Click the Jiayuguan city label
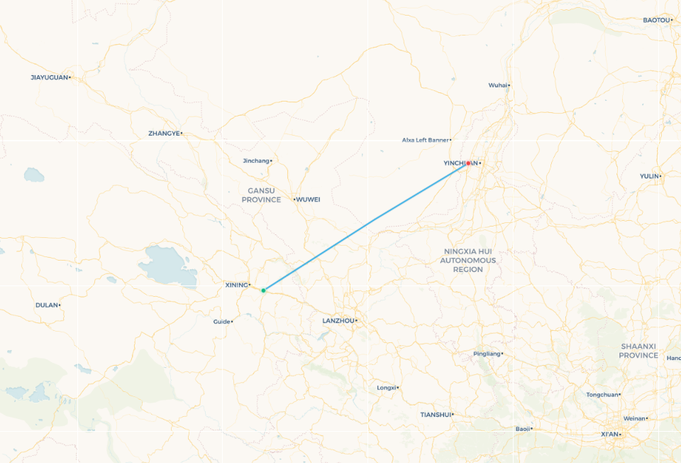[50, 77]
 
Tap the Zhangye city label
[164, 134]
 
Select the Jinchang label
[256, 160]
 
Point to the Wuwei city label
[308, 200]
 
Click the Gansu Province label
[261, 195]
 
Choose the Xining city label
[236, 285]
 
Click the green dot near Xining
[263, 290]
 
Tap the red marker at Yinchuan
[469, 163]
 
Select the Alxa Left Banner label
[426, 140]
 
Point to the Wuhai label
[497, 85]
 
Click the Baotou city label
[656, 20]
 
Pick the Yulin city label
[648, 176]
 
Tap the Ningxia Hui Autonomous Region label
[468, 261]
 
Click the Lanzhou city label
[338, 321]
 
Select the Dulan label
[46, 305]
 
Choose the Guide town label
[221, 322]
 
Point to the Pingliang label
[486, 354]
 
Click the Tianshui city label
[435, 415]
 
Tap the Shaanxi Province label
[638, 351]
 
